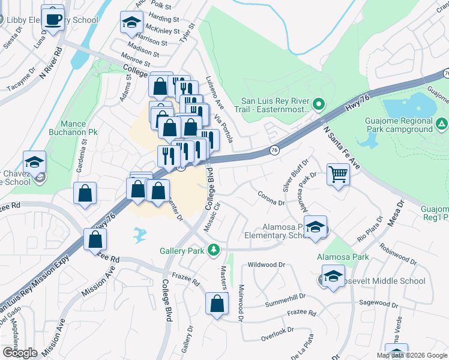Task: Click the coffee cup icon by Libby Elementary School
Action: point(53,17)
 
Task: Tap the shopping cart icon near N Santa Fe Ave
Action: point(338,175)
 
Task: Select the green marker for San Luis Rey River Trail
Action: point(319,106)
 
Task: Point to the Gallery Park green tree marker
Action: point(212,250)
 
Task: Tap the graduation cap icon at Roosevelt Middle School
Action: point(333,277)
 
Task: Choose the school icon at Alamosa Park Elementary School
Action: point(315,227)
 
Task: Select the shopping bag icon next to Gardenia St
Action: point(85,193)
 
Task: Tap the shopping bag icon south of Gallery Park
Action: point(217,304)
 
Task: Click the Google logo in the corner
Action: point(19,352)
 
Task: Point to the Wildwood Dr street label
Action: point(266,264)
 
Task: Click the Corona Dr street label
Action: point(270,203)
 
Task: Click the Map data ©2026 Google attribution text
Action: point(412,355)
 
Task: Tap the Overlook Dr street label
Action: point(277,329)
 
